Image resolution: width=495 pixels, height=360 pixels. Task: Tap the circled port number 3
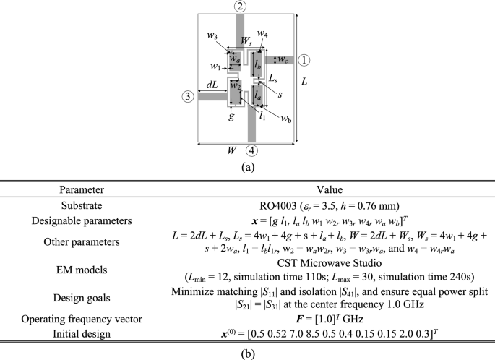tap(188, 95)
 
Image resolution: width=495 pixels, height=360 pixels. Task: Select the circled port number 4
tap(251, 150)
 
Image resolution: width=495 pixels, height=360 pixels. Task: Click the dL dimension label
tap(211, 85)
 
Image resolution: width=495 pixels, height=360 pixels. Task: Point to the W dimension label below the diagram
tap(231, 150)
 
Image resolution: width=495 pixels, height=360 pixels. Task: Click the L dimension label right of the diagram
tap(305, 82)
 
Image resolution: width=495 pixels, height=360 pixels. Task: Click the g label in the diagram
tap(231, 115)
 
